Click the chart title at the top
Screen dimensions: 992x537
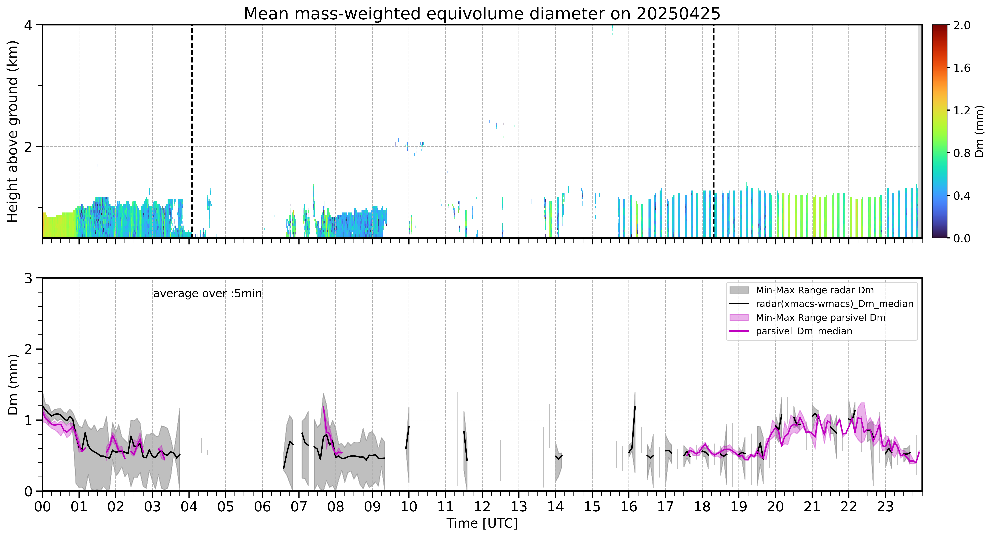tap(482, 14)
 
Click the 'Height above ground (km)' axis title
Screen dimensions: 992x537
tap(13, 131)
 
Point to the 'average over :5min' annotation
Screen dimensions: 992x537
tap(207, 294)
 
